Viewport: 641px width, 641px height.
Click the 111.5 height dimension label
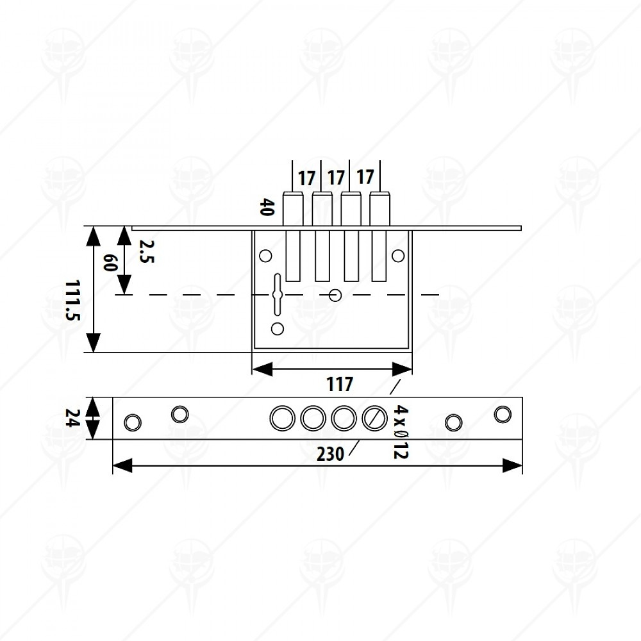click(72, 300)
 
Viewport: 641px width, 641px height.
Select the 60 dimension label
click(110, 262)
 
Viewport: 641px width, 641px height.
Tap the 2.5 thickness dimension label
click(146, 251)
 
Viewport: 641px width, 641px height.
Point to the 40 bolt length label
click(267, 207)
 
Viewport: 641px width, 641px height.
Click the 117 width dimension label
click(339, 384)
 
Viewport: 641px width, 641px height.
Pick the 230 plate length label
click(330, 454)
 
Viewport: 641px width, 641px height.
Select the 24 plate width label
click(72, 418)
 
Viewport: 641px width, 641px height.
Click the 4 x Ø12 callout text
click(401, 431)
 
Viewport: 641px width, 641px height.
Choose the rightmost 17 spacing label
click(365, 178)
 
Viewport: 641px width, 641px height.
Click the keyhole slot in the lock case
click(278, 294)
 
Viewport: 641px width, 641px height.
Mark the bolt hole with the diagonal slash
click(374, 418)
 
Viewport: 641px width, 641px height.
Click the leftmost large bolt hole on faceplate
click(283, 418)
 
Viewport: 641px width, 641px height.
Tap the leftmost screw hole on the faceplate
click(133, 422)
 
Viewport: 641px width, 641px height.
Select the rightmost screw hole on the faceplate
click(503, 414)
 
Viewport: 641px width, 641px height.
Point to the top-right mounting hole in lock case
click(398, 256)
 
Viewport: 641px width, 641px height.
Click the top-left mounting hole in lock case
click(266, 256)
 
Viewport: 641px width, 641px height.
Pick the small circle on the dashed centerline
click(335, 295)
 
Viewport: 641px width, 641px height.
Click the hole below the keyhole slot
click(278, 328)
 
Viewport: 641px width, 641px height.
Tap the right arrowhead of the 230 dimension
click(512, 465)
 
